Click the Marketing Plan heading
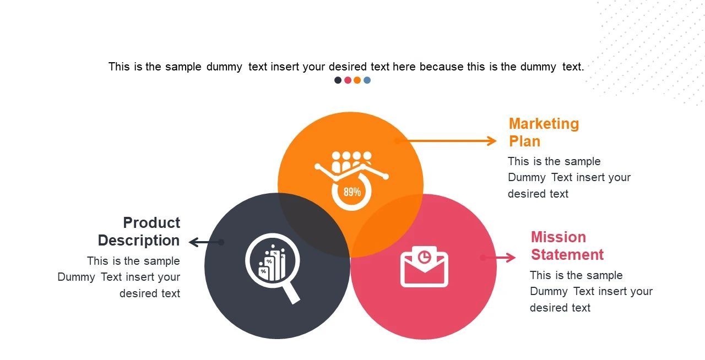tap(544, 132)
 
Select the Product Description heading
tap(139, 231)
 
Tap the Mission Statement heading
tap(567, 246)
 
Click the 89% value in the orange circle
tap(352, 192)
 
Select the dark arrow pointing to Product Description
tap(205, 242)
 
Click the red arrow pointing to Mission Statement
tap(498, 257)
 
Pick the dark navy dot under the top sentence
tap(338, 80)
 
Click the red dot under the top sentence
tap(348, 80)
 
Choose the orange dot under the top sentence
tap(357, 80)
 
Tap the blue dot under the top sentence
tap(367, 80)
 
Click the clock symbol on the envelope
tap(424, 257)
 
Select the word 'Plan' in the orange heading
tap(524, 141)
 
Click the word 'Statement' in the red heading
tap(567, 255)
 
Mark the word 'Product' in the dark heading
tap(151, 223)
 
